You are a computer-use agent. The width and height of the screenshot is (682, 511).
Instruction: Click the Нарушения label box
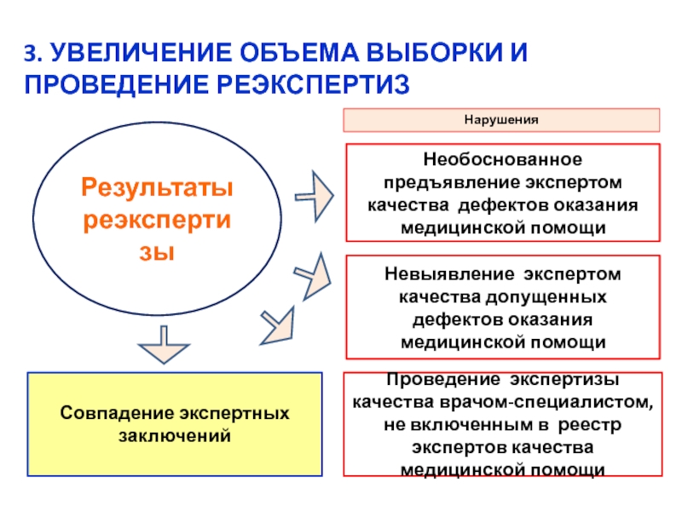501,120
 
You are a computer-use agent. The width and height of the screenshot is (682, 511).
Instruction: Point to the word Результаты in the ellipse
157,186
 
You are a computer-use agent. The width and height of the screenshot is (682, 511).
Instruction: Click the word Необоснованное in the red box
503,159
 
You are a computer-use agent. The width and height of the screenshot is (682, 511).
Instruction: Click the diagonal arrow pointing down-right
277,323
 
